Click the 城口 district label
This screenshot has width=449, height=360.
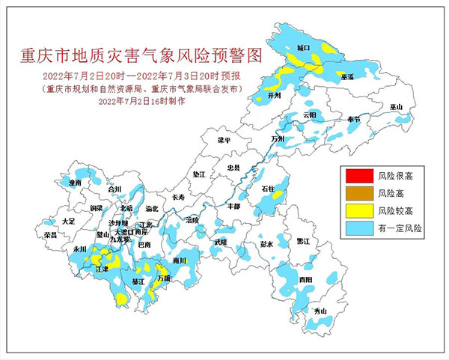point(303,47)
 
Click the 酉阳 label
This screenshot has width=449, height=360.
point(305,279)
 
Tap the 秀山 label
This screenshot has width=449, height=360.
point(320,311)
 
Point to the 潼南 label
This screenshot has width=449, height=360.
point(73,182)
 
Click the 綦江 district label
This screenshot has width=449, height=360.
point(138,281)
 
